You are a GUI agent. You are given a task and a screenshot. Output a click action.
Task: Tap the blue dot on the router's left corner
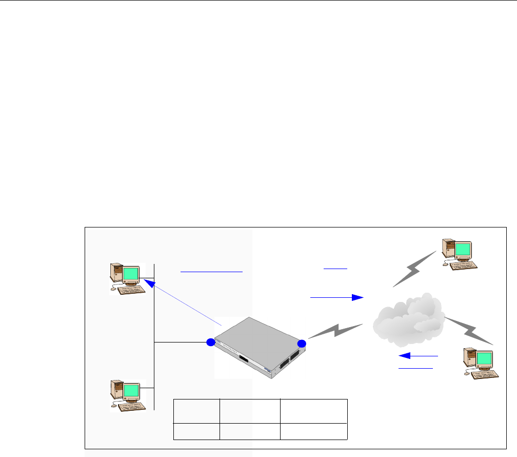tap(210, 342)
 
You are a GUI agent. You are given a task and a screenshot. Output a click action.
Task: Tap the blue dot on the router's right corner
tap(302, 343)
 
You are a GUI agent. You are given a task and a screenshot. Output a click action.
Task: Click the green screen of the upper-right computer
tap(463, 250)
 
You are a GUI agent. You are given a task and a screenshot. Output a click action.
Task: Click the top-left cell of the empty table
tap(196, 410)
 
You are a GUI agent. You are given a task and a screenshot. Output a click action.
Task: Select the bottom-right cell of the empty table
tap(314, 431)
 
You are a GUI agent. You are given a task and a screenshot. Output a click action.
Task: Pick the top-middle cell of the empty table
tap(250, 410)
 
